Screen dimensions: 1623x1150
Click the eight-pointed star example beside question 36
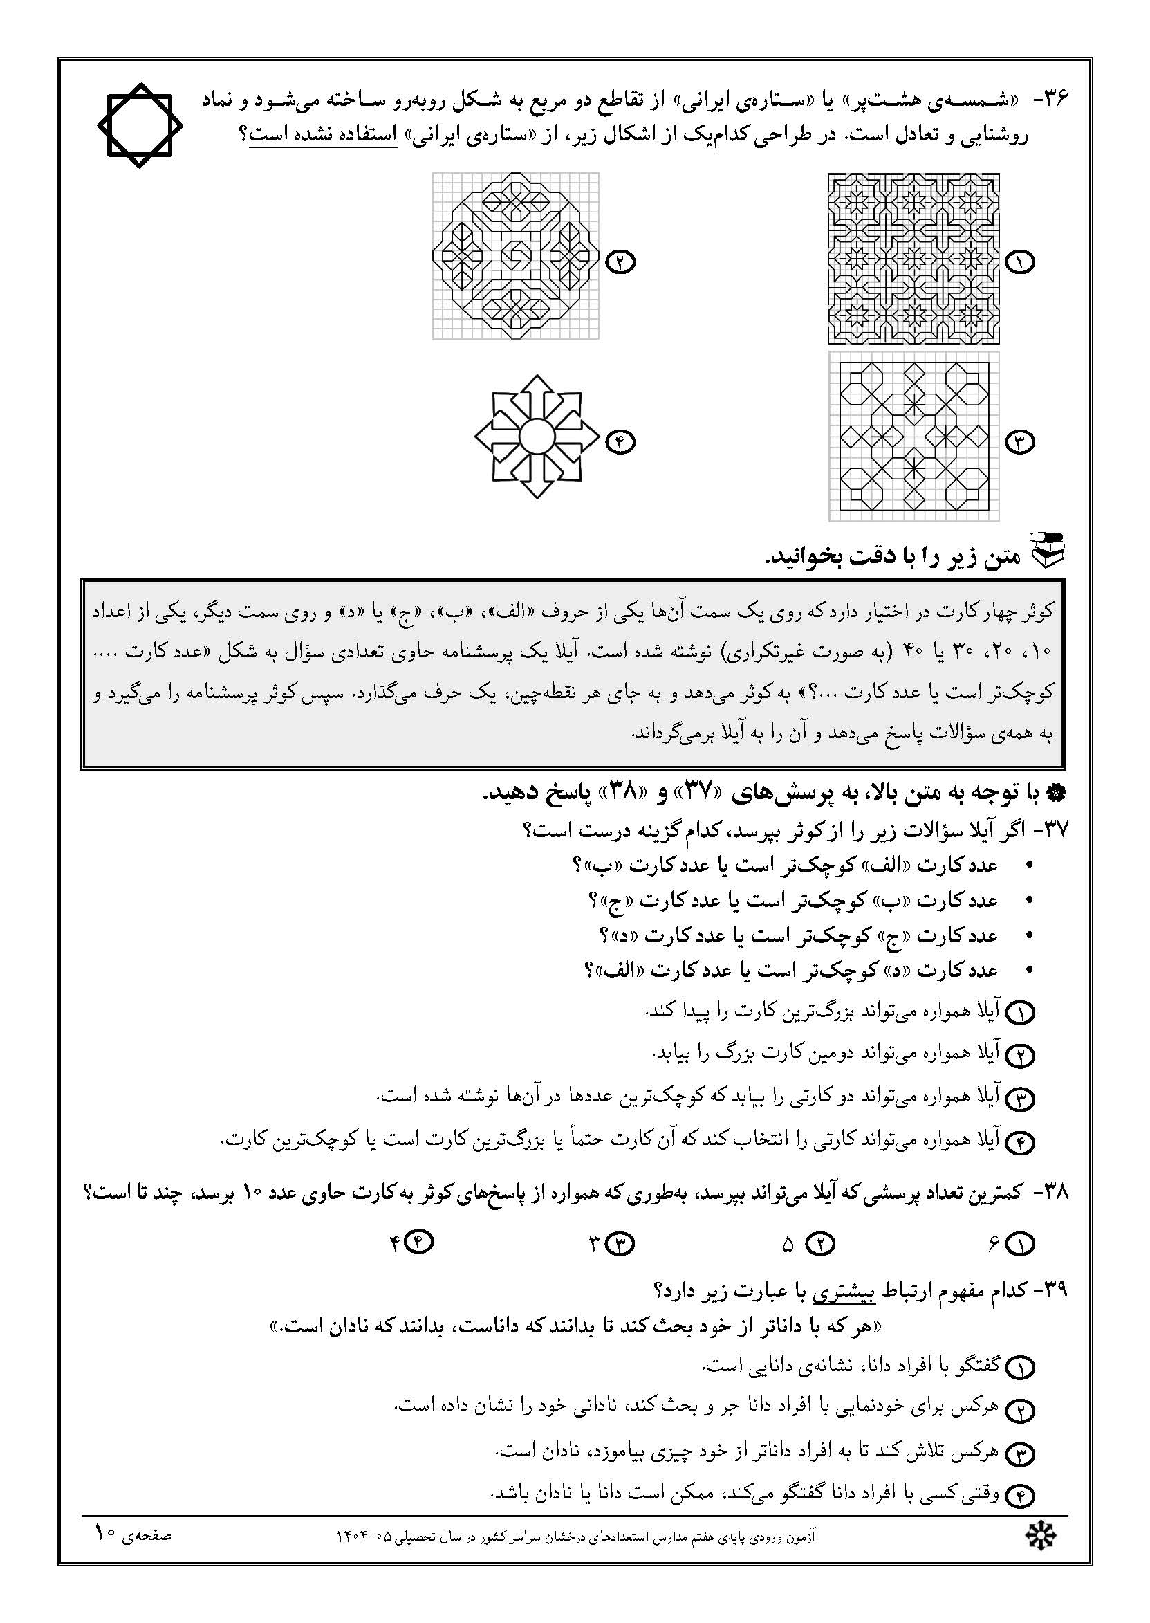(140, 125)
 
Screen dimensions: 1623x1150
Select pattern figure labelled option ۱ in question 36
(913, 258)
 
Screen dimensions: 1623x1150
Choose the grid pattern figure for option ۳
(913, 437)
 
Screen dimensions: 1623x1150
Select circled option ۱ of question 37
(1021, 1013)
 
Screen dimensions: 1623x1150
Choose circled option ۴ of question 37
(1021, 1143)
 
